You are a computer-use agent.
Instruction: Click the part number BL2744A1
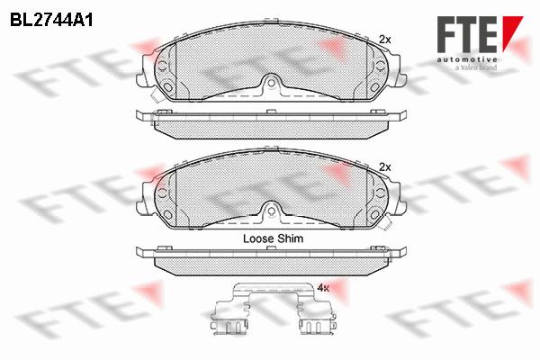click(51, 21)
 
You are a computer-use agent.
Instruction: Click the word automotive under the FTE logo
click(467, 59)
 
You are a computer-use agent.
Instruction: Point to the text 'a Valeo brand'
click(476, 67)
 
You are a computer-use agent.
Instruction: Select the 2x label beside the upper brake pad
click(385, 40)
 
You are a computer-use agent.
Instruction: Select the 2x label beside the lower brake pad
click(385, 167)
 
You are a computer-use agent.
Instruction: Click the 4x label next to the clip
click(323, 288)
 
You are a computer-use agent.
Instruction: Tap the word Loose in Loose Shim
click(256, 238)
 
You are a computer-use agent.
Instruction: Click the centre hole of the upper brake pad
click(272, 83)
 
